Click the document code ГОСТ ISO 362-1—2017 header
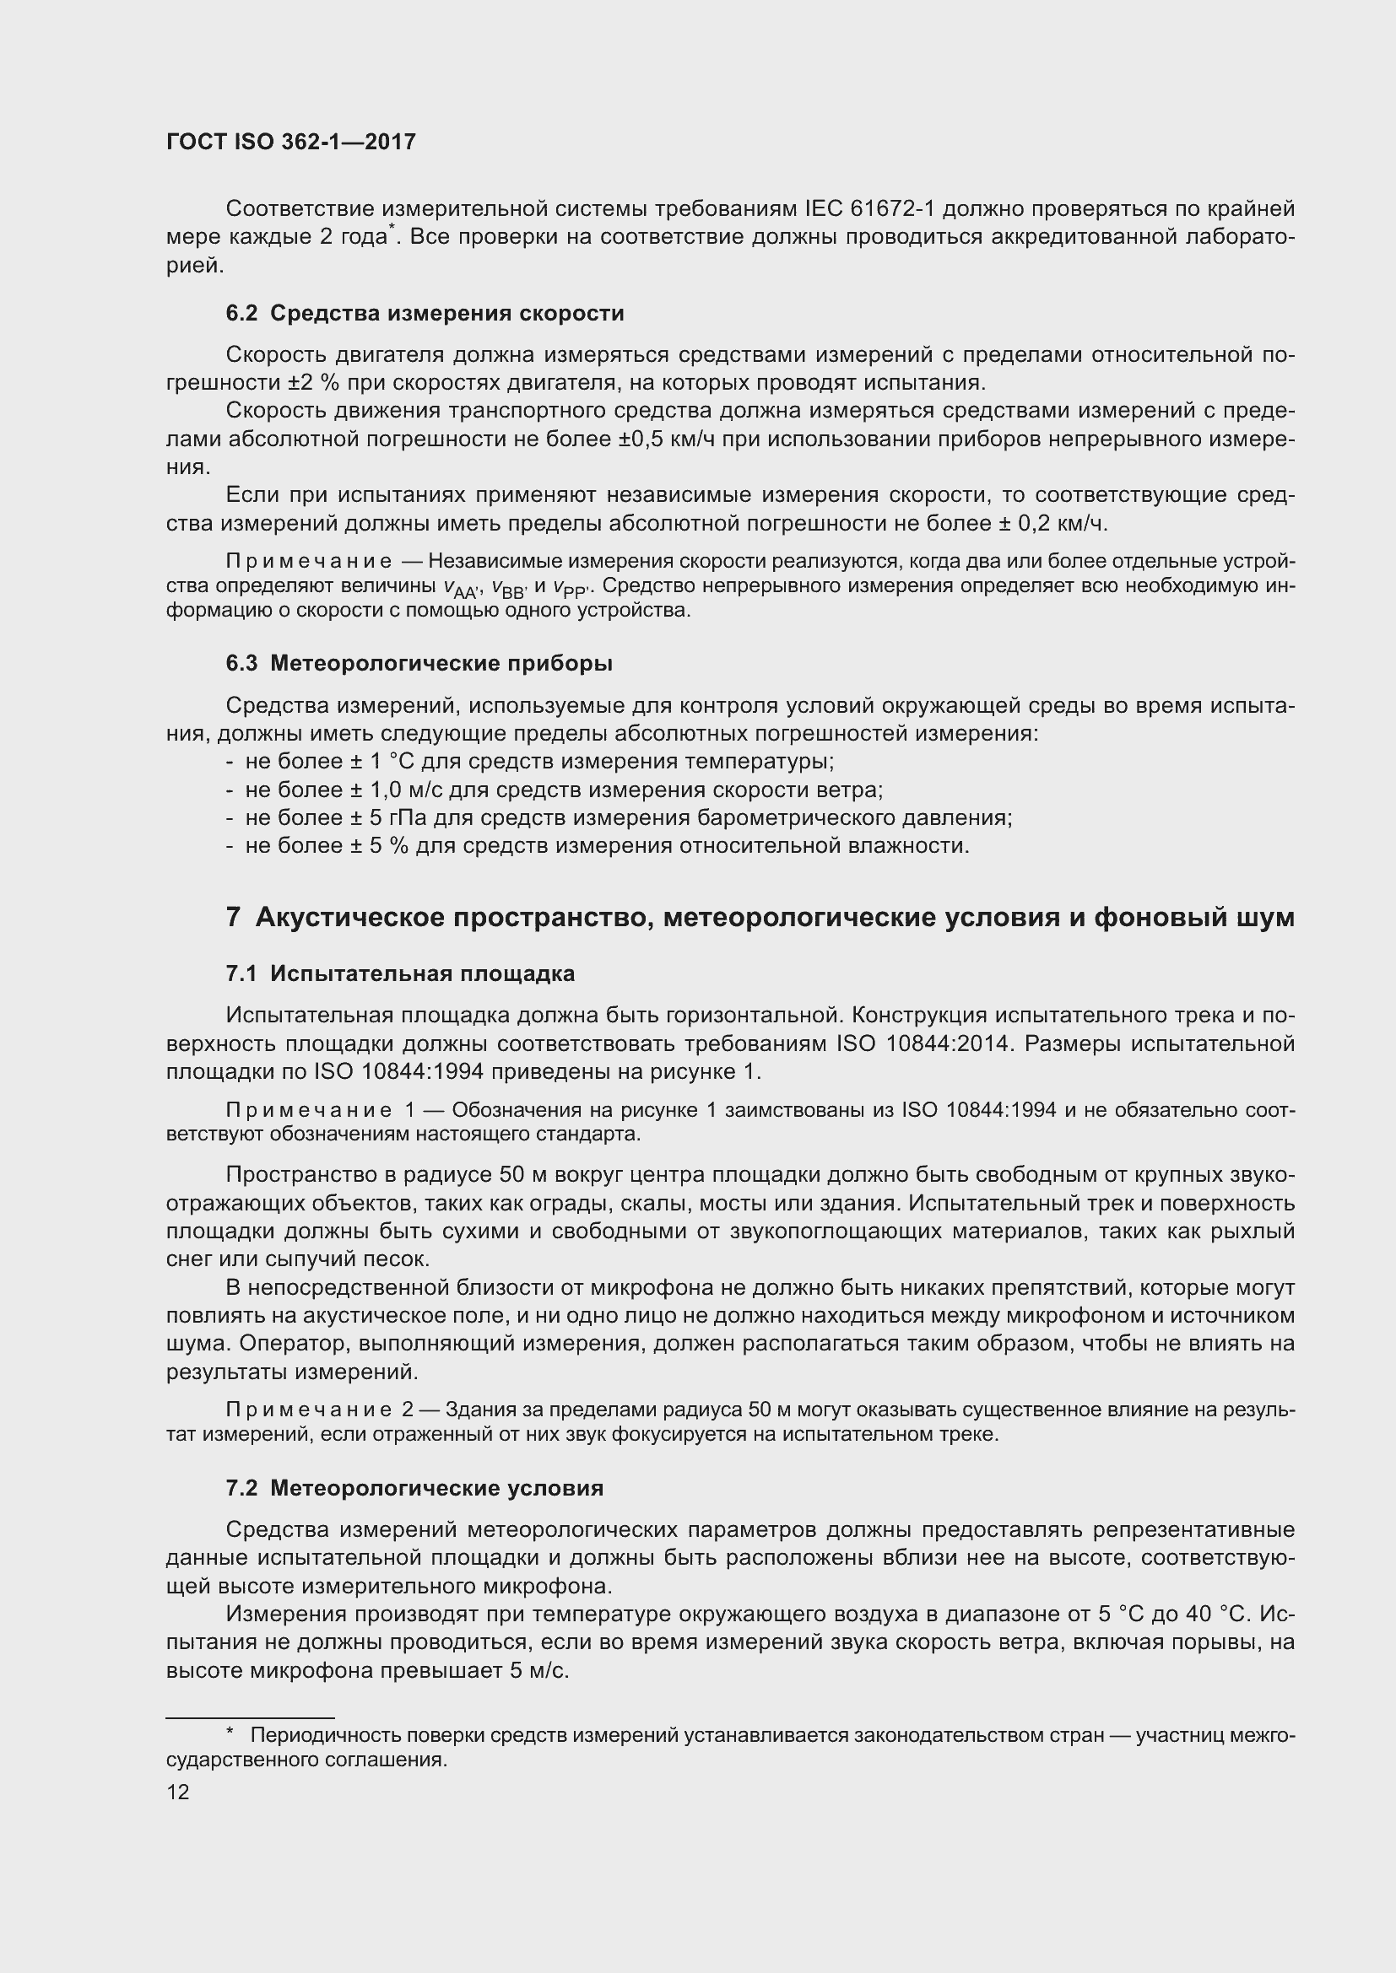tap(290, 142)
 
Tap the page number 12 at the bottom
tap(178, 1792)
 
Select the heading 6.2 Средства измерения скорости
tap(425, 314)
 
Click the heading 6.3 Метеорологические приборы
tap(419, 663)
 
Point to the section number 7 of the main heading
tap(233, 918)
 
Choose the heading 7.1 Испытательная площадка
tap(400, 973)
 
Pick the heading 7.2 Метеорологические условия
tap(414, 1488)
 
